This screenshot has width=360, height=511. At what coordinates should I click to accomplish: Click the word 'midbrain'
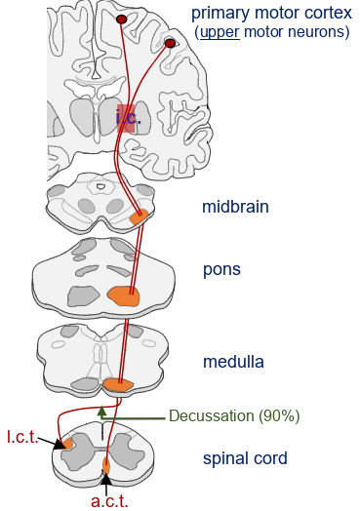[235, 207]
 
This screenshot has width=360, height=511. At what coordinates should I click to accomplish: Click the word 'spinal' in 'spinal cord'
[222, 457]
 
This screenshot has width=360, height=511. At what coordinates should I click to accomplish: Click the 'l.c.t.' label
[21, 436]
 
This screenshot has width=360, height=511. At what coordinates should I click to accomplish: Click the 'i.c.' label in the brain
[128, 119]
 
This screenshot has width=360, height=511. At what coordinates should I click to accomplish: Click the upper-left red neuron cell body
[121, 20]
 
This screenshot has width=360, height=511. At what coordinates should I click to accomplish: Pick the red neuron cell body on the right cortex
[170, 43]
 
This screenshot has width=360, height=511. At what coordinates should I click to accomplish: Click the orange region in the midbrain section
[140, 216]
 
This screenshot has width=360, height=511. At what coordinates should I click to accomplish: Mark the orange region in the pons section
[124, 294]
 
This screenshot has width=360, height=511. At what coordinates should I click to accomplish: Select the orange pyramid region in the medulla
[117, 385]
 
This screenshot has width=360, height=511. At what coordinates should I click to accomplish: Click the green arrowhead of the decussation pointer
[101, 413]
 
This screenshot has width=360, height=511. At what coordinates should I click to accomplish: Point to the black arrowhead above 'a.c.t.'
[106, 481]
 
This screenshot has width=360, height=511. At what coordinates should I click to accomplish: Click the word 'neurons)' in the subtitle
[321, 32]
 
